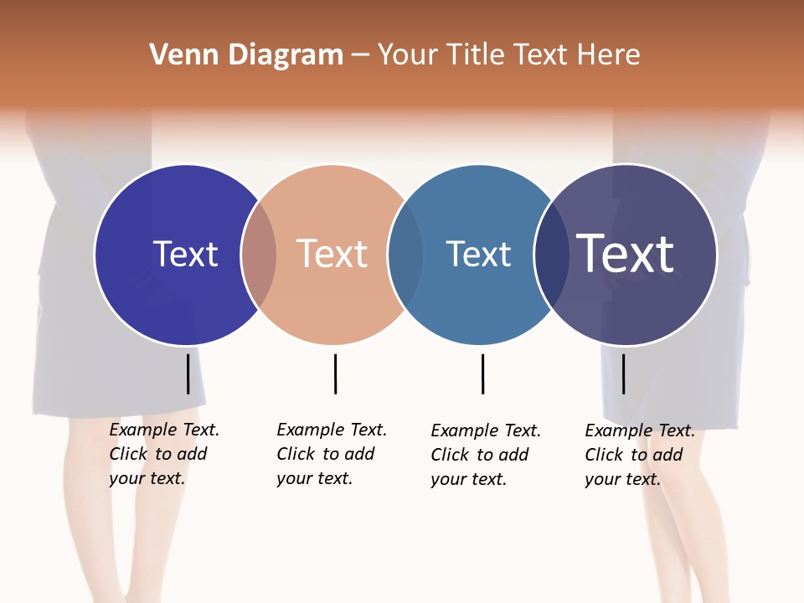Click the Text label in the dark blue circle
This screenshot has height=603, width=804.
[185, 254]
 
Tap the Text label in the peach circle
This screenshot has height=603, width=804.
[332, 254]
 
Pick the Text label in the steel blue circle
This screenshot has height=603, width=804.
[478, 254]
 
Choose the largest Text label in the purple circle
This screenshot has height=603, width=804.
[626, 254]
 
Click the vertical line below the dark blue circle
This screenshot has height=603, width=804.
[188, 374]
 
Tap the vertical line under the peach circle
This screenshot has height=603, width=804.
[335, 374]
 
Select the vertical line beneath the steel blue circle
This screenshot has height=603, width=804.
[482, 374]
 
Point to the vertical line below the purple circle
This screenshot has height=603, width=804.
[623, 374]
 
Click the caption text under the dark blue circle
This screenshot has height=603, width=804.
[164, 454]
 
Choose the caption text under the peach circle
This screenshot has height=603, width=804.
[332, 454]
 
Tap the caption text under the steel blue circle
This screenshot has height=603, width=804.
[486, 455]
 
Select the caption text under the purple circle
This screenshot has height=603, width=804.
[640, 455]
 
